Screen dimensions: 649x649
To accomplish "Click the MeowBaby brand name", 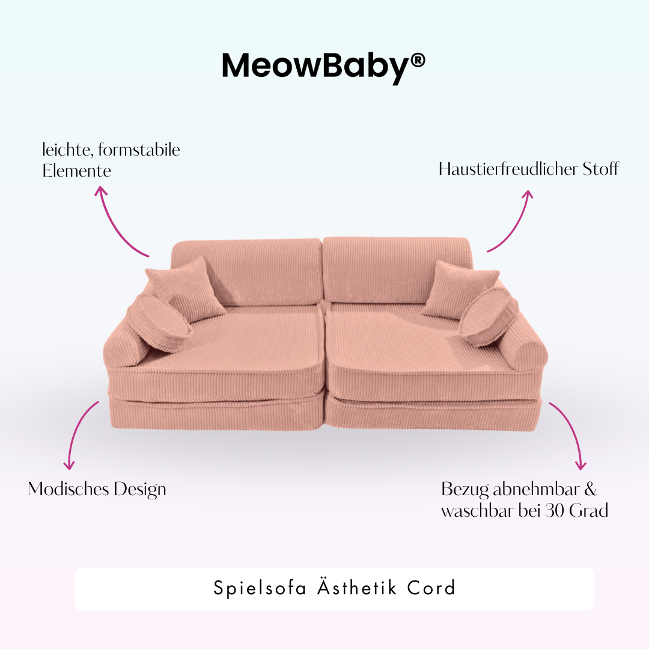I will pyautogui.click(x=316, y=66).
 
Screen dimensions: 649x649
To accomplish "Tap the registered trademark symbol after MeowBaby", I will pyautogui.click(x=418, y=60).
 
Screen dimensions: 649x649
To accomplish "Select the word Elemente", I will pyautogui.click(x=77, y=171).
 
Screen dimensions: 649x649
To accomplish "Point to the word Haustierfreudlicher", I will pyautogui.click(x=508, y=169).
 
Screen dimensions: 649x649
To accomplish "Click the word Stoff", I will pyautogui.click(x=600, y=169).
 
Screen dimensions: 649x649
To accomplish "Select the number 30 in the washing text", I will pyautogui.click(x=556, y=511).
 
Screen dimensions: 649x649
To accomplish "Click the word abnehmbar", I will pyautogui.click(x=531, y=489).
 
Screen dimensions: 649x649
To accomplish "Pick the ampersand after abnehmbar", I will pyautogui.click(x=590, y=489).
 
